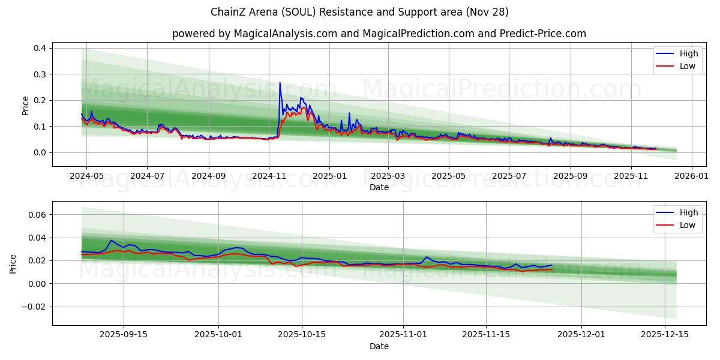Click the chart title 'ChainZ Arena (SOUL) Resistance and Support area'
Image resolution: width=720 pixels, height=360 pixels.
(359, 12)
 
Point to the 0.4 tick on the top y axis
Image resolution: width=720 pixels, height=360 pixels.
(40, 48)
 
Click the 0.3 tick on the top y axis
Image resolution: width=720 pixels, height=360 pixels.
(40, 74)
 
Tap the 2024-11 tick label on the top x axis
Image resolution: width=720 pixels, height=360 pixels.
(269, 176)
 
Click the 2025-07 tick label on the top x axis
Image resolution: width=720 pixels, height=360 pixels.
(509, 176)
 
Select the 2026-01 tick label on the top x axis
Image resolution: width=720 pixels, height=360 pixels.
(692, 176)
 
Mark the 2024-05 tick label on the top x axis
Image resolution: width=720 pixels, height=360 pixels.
(86, 176)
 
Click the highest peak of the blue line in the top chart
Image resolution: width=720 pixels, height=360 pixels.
(280, 83)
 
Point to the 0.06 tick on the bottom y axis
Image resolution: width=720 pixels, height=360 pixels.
(38, 214)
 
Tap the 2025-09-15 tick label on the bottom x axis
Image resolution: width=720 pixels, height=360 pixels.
(124, 335)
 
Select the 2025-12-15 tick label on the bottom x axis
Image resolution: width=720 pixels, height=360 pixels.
(665, 335)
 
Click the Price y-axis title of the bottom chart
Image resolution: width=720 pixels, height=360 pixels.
(13, 263)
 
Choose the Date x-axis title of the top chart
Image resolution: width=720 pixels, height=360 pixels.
(379, 187)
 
